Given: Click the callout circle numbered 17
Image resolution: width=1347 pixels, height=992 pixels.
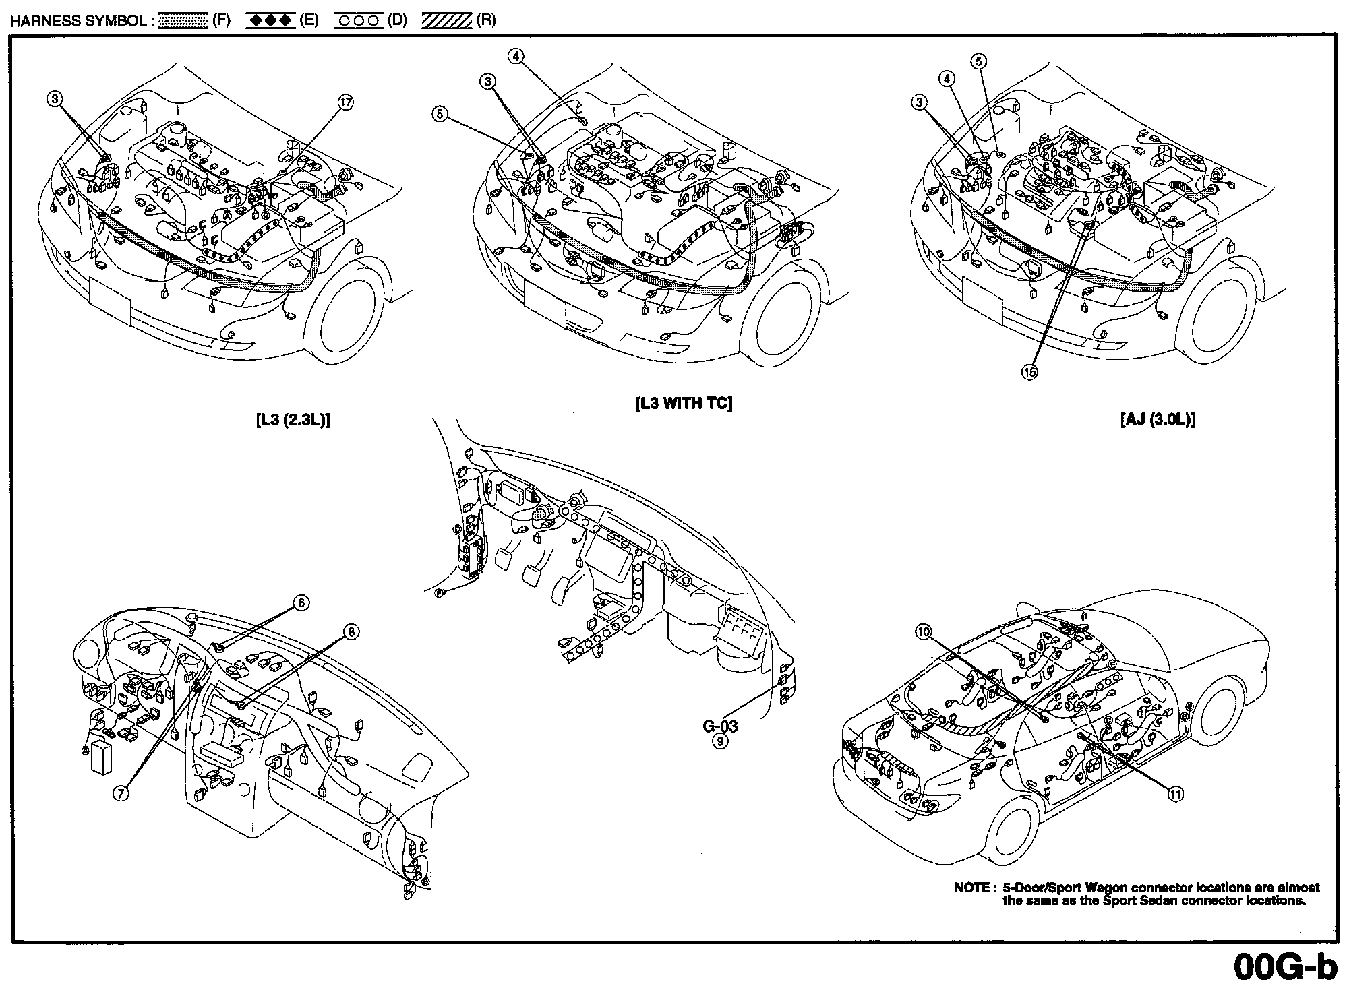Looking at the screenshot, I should pyautogui.click(x=345, y=102).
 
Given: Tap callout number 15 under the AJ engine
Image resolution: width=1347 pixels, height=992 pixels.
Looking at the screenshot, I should pyautogui.click(x=1029, y=371).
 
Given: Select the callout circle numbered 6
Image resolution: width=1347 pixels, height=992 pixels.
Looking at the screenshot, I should pyautogui.click(x=301, y=602).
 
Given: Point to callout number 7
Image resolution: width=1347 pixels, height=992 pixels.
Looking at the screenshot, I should pyautogui.click(x=121, y=793).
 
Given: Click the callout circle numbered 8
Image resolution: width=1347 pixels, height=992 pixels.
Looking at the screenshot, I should pyautogui.click(x=351, y=631).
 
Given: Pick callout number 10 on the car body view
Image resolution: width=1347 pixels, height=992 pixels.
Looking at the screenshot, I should pyautogui.click(x=924, y=631).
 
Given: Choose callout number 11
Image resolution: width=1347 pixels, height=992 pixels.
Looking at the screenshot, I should pyautogui.click(x=1175, y=795).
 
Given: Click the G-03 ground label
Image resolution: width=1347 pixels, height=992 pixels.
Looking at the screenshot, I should pyautogui.click(x=720, y=726).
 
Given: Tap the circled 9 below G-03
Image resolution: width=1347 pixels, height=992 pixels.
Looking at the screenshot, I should pyautogui.click(x=720, y=741).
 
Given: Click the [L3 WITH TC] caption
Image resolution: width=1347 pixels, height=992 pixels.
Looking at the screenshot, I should pyautogui.click(x=684, y=404).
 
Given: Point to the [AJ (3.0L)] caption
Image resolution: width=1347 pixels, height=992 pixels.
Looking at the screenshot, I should pyautogui.click(x=1157, y=420).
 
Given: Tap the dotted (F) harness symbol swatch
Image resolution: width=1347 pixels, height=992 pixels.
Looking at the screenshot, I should pyautogui.click(x=183, y=21).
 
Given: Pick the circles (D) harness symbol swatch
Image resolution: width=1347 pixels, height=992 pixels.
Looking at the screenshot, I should pyautogui.click(x=359, y=21).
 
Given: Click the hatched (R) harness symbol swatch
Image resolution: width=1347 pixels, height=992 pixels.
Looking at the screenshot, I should pyautogui.click(x=446, y=21).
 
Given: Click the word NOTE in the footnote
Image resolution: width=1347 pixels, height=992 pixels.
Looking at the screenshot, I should pyautogui.click(x=971, y=888).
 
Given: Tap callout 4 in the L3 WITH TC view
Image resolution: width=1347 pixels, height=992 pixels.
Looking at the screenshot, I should pyautogui.click(x=516, y=57).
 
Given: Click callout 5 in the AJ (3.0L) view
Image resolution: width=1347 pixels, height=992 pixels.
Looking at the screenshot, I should pyautogui.click(x=979, y=61).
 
